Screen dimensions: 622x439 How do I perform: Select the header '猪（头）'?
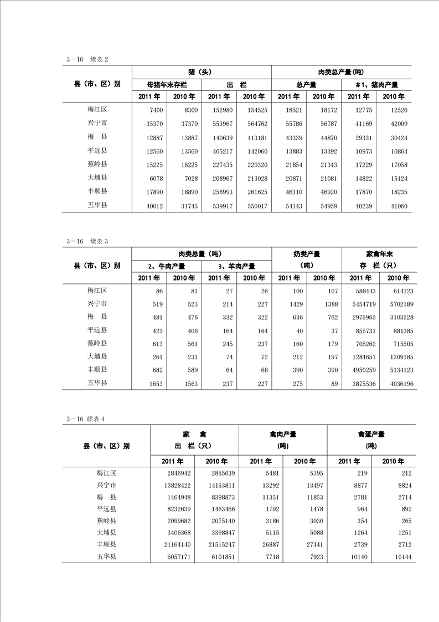click(202, 72)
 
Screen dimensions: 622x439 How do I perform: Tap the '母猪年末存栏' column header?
click(167, 85)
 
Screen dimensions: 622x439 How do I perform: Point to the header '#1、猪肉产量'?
click(376, 85)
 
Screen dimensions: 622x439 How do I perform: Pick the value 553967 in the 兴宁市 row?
click(219, 124)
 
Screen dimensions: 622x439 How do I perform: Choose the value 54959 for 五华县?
click(325, 206)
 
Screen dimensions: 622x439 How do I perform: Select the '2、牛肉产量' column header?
click(167, 266)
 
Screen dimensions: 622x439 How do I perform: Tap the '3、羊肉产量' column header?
click(236, 266)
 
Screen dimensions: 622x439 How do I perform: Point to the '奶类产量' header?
click(307, 254)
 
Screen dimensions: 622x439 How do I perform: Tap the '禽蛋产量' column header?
click(371, 434)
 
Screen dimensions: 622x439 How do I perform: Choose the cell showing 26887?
click(261, 545)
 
